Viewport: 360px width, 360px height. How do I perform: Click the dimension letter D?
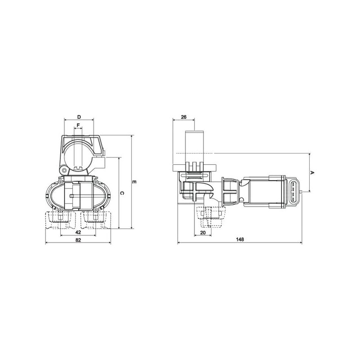click(79, 117)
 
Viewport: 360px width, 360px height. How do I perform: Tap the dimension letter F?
click(78, 126)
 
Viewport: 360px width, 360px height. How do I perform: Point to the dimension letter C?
click(122, 193)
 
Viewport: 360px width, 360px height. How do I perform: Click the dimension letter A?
click(312, 172)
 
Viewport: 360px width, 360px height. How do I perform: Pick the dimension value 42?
click(78, 232)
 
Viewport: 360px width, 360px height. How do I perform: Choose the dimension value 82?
click(78, 240)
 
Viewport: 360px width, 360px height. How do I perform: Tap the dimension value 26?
click(184, 117)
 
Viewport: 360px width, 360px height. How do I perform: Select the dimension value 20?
click(203, 233)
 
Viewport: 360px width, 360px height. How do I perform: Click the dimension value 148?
click(240, 239)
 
